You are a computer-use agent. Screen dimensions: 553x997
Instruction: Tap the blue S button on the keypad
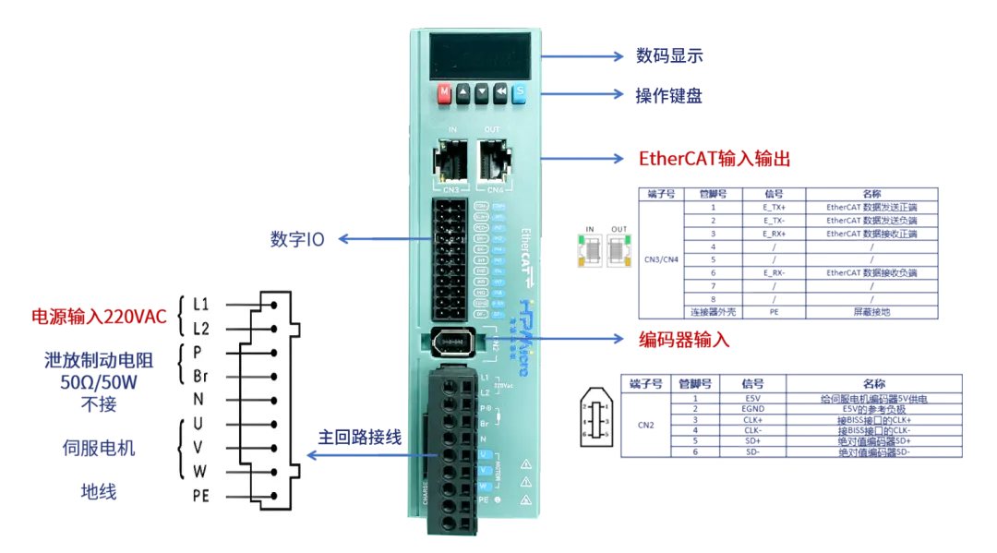(x=518, y=93)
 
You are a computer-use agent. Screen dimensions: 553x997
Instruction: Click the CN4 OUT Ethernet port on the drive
(x=493, y=162)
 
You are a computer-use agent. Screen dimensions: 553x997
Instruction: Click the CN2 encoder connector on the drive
(x=452, y=341)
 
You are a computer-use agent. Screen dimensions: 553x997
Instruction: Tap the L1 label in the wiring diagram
(x=201, y=304)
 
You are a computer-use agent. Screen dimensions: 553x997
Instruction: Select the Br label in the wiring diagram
(x=201, y=376)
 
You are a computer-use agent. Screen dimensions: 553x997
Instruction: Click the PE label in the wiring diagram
(x=201, y=496)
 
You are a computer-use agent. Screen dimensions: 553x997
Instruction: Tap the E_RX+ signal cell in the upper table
(x=775, y=234)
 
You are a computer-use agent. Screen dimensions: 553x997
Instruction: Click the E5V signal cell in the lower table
(x=754, y=398)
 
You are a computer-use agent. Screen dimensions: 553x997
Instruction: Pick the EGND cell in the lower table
(x=754, y=409)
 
